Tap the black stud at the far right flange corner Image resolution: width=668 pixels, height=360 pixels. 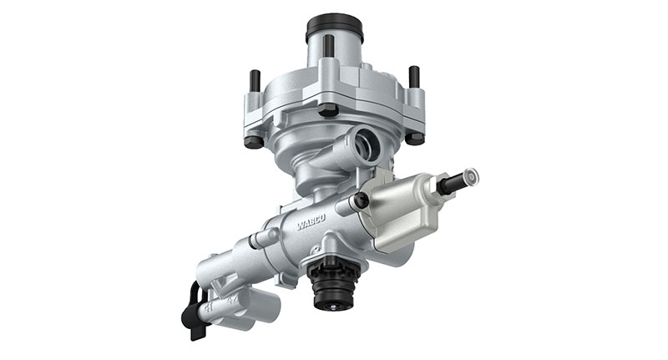pos(413,77)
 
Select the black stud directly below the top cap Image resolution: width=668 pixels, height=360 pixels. pos(329,46)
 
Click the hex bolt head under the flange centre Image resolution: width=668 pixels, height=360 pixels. pos(328,110)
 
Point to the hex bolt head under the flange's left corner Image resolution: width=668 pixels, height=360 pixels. pos(254,141)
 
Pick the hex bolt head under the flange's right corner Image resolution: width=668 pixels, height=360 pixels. pos(414,138)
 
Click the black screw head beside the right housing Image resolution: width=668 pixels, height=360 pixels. pos(361,200)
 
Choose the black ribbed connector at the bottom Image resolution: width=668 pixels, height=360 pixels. pos(331,284)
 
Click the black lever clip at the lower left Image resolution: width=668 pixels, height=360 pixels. pos(193,313)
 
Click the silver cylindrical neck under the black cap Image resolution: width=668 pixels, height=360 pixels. pos(333,55)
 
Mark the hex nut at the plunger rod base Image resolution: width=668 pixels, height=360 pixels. pos(438,189)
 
